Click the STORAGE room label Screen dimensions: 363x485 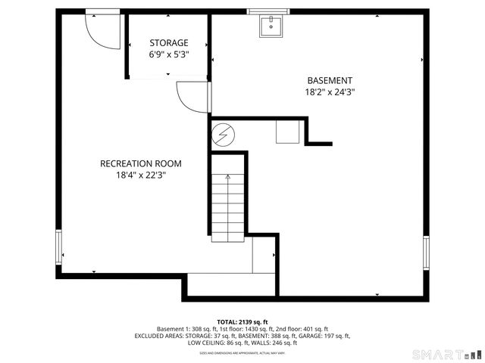(168, 43)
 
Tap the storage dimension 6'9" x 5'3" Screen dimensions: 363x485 (168, 54)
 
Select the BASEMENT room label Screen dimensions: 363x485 (329, 81)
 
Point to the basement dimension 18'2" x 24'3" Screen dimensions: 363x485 (329, 92)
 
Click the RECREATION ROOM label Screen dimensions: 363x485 (141, 163)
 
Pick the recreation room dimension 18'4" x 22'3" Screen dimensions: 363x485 (141, 175)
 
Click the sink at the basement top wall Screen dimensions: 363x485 (270, 26)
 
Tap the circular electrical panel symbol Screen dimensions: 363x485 (223, 135)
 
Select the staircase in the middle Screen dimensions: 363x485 (228, 206)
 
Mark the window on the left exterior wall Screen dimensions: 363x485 (58, 249)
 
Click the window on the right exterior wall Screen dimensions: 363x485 (426, 253)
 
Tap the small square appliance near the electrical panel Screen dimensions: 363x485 (287, 133)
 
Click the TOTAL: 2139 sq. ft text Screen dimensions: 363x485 (242, 321)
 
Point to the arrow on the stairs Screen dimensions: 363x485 (228, 178)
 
